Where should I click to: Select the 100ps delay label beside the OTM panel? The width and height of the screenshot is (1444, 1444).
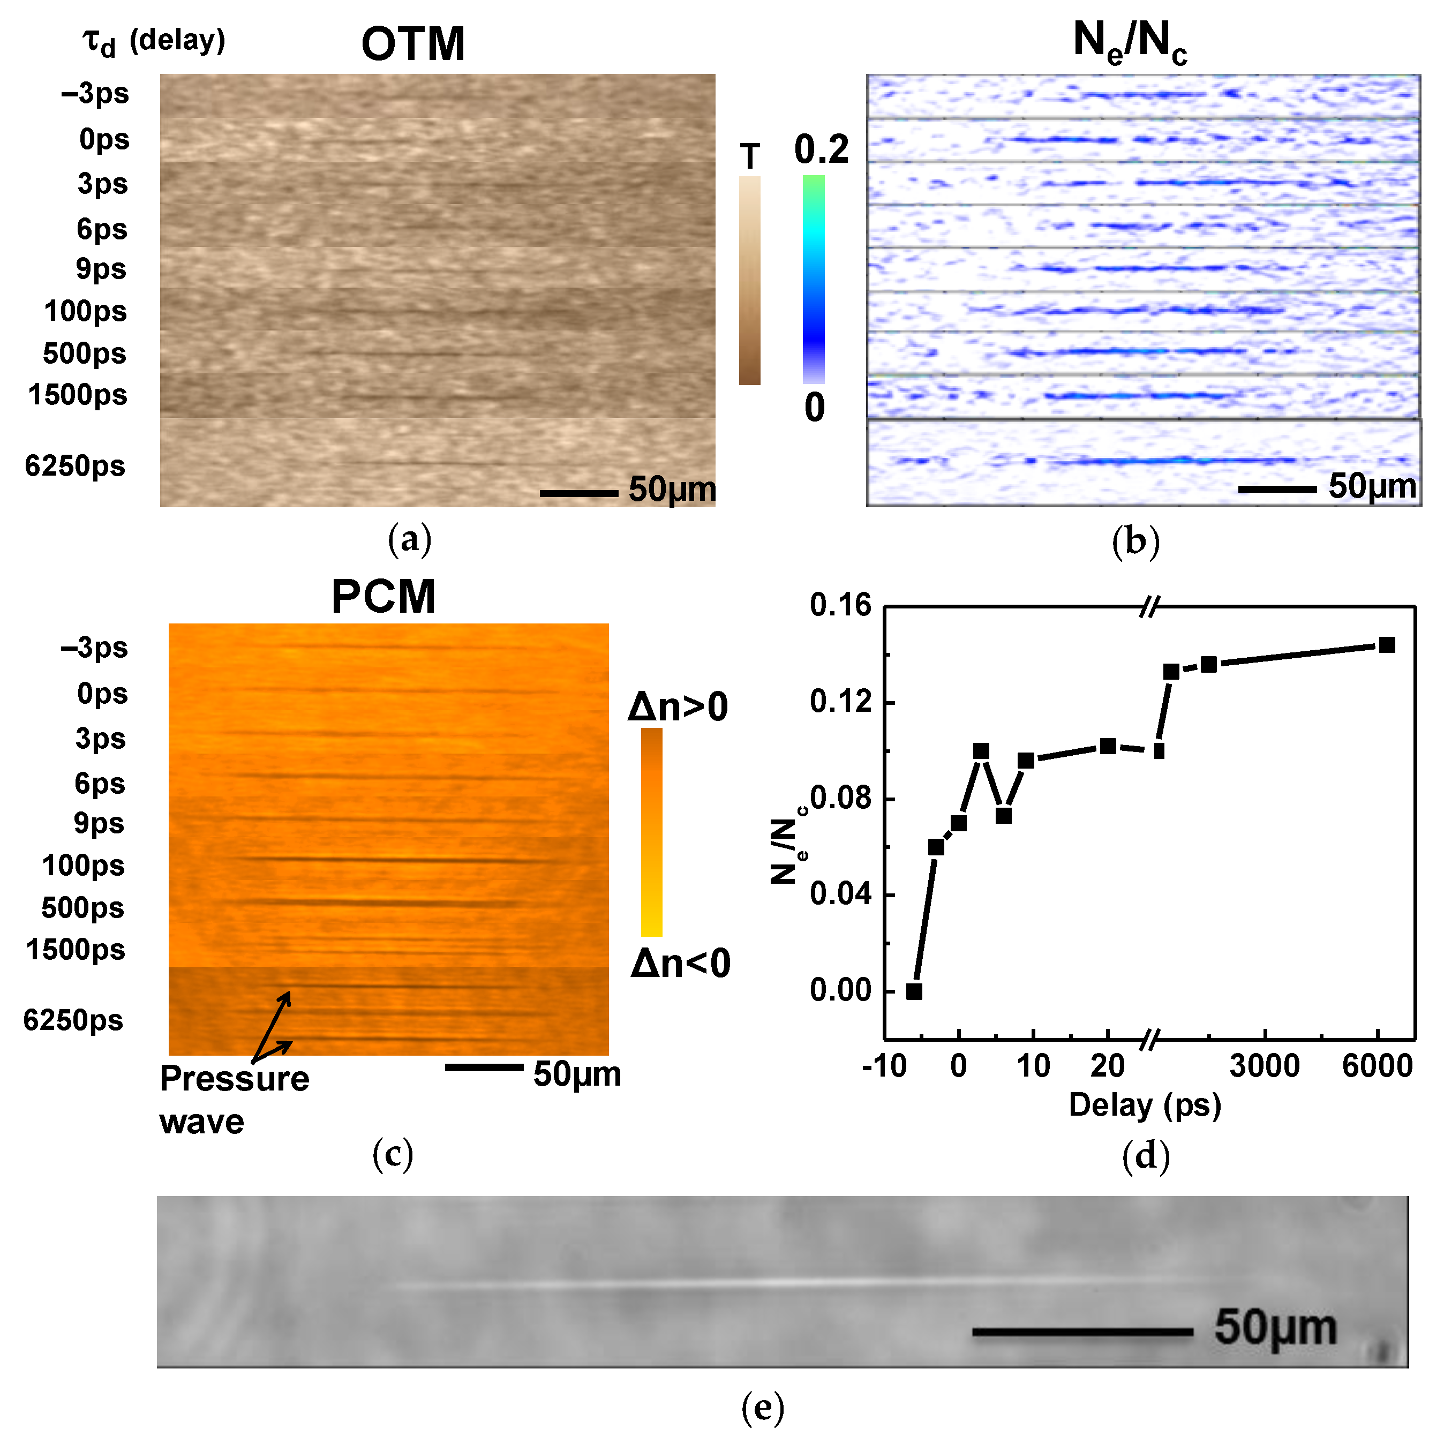tap(85, 311)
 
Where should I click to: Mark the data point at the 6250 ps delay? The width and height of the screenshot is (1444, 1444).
tap(1387, 645)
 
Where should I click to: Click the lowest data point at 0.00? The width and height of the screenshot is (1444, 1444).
tap(913, 991)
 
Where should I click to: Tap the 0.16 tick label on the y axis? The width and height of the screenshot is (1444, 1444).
tap(840, 605)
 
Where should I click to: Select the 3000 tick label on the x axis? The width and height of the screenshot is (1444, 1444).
tap(1265, 1065)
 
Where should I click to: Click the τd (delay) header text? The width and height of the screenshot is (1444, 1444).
tap(153, 41)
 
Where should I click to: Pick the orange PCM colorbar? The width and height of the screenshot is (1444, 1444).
tap(651, 832)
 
